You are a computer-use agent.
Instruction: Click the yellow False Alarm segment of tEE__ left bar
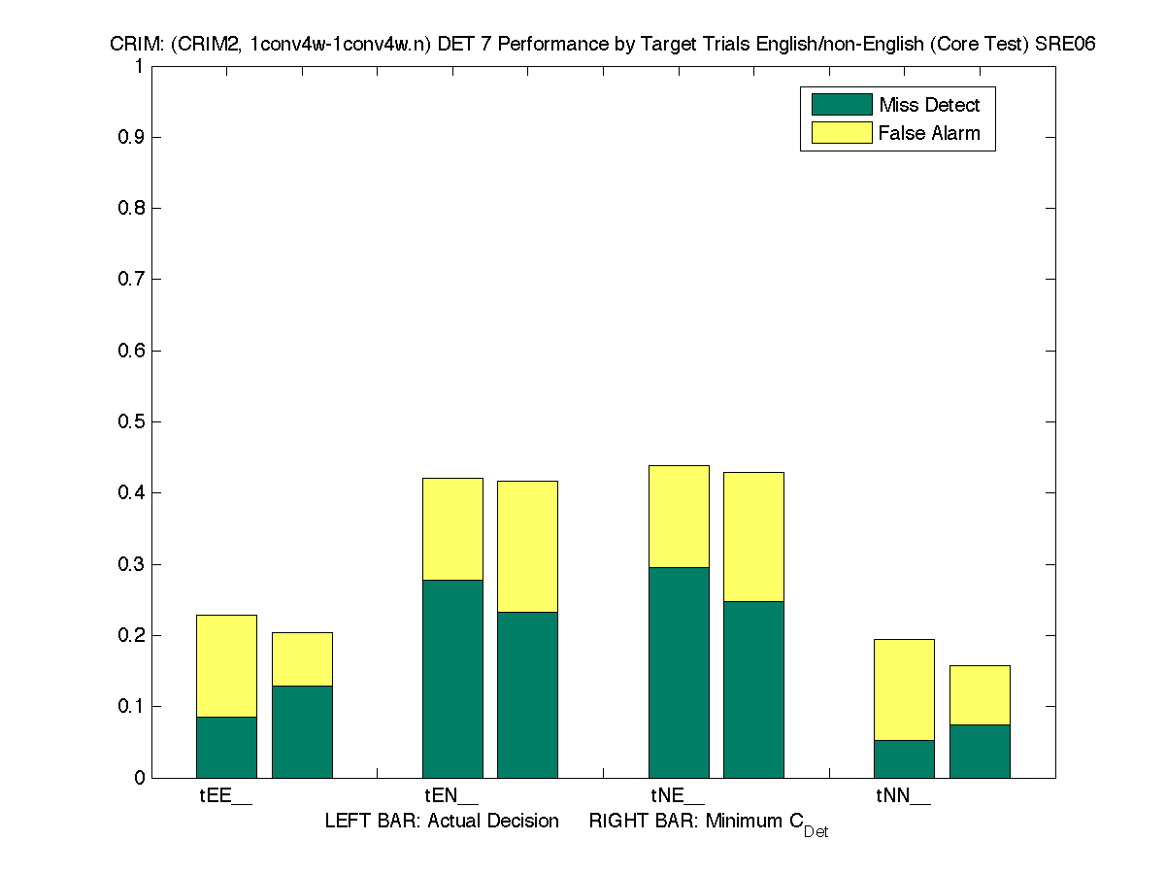(x=226, y=666)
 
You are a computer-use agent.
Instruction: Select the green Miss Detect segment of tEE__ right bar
(x=302, y=731)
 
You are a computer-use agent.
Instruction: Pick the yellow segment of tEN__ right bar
(x=527, y=546)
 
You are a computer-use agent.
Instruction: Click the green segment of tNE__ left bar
(x=679, y=672)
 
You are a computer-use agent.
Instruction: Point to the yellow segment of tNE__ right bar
(x=753, y=536)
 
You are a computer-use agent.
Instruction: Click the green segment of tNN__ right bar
(x=980, y=751)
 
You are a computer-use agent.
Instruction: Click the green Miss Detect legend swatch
(x=841, y=105)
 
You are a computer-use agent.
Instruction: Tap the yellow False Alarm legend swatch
(x=841, y=133)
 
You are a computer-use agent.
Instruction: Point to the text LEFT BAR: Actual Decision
(x=442, y=822)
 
